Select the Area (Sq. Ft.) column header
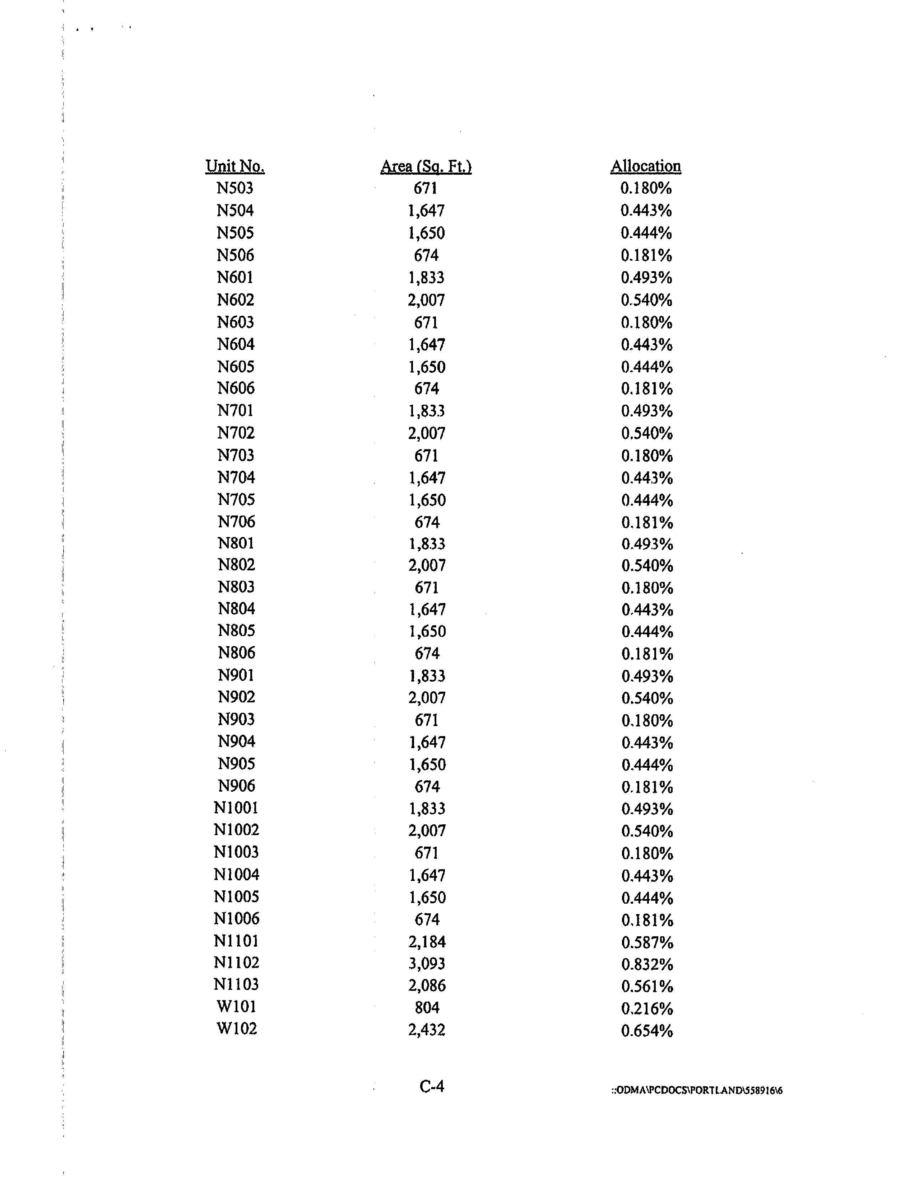(426, 166)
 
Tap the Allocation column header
(646, 166)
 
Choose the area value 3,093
(427, 963)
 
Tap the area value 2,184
(427, 941)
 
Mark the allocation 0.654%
(647, 1030)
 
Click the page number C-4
(432, 1086)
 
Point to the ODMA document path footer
(696, 1090)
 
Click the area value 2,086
(427, 985)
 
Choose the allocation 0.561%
(647, 986)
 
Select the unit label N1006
(236, 918)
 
